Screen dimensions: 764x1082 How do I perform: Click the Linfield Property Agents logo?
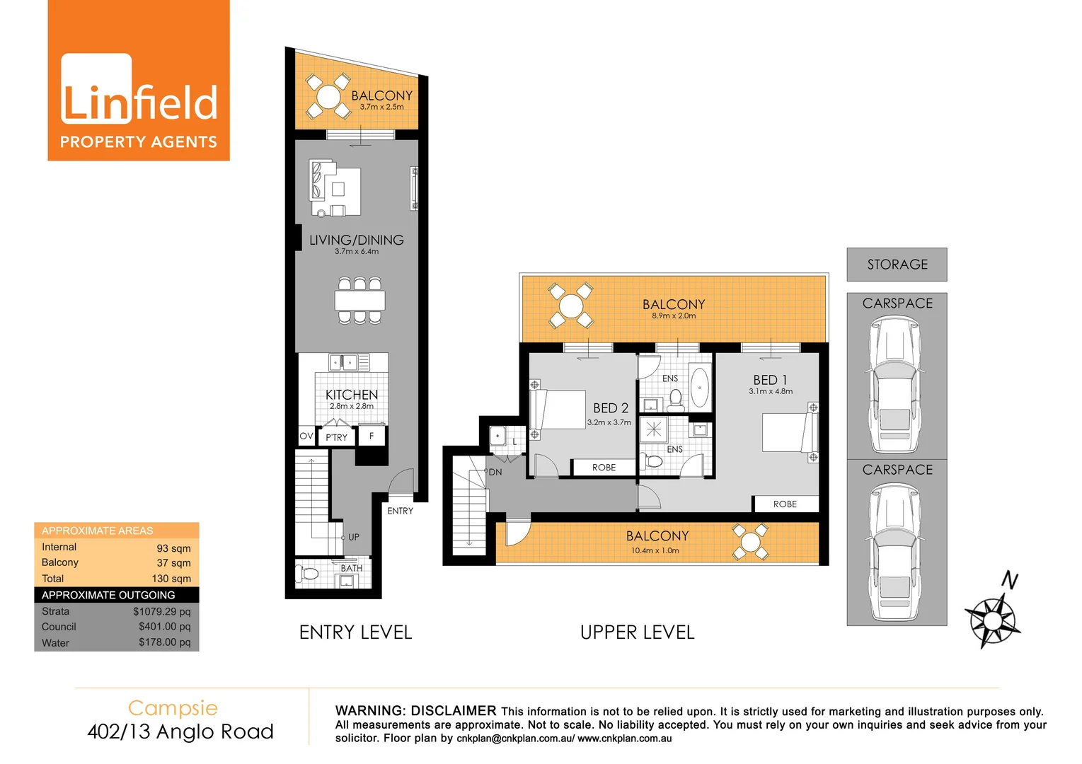[x=139, y=81]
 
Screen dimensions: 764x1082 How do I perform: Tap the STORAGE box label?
[x=897, y=265]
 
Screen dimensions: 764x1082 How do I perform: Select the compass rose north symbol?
[x=992, y=620]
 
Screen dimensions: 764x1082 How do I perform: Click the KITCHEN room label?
[x=352, y=395]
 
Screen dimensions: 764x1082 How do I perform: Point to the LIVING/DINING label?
[x=357, y=241]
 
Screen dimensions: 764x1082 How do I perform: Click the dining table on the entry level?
[x=360, y=300]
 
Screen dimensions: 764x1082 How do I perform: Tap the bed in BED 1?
[x=788, y=432]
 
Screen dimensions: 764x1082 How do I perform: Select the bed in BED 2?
[x=559, y=410]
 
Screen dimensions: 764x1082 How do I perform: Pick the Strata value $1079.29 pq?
[x=161, y=611]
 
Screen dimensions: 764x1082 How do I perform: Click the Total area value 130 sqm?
[x=171, y=579]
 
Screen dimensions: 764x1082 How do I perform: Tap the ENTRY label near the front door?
[x=400, y=511]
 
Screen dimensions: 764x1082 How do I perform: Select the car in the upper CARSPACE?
[x=895, y=384]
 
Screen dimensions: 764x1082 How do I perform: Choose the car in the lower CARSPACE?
[x=895, y=552]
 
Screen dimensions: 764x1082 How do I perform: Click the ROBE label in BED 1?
[x=785, y=504]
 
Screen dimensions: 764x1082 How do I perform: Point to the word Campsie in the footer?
[x=173, y=708]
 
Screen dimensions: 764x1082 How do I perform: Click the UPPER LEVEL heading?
[x=637, y=632]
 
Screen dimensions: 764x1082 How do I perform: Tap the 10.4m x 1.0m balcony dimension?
[x=655, y=550]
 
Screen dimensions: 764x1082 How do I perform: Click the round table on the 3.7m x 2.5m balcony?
[x=328, y=97]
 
